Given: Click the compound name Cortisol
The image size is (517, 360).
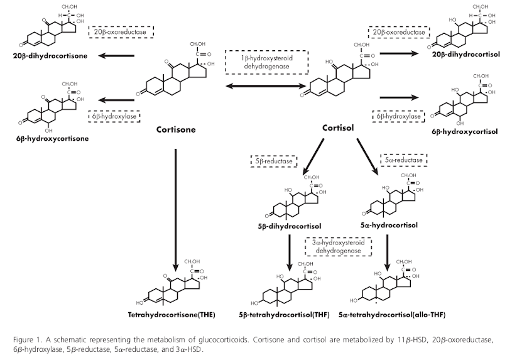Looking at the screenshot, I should [x=339, y=128].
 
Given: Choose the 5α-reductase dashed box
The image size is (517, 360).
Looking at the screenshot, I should [x=403, y=160].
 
